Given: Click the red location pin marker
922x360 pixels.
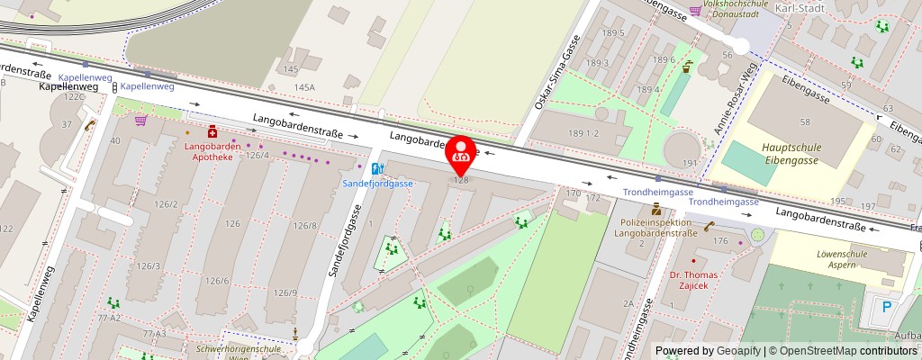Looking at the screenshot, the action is pyautogui.click(x=462, y=151).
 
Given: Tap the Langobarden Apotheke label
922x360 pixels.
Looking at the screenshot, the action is pyautogui.click(x=209, y=150).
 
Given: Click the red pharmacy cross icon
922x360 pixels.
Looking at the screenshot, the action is pyautogui.click(x=212, y=131).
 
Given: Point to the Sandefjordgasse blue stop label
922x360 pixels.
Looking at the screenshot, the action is pyautogui.click(x=377, y=183).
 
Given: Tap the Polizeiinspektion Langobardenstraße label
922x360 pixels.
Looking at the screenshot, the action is pyautogui.click(x=655, y=228).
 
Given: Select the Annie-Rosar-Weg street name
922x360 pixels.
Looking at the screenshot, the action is pyautogui.click(x=735, y=101).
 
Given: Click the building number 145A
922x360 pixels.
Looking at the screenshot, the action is pyautogui.click(x=304, y=86).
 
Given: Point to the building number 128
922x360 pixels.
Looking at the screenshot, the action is pyautogui.click(x=461, y=180).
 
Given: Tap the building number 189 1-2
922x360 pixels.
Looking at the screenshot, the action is pyautogui.click(x=584, y=133).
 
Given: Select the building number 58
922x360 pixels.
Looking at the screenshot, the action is pyautogui.click(x=806, y=121).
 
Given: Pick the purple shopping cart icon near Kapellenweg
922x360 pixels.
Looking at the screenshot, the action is pyautogui.click(x=140, y=120).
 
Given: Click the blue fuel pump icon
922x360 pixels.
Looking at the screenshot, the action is pyautogui.click(x=376, y=167).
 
